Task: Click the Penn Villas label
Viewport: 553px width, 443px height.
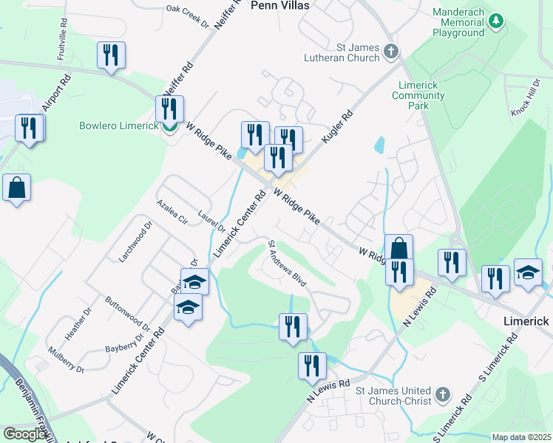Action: tap(279, 5)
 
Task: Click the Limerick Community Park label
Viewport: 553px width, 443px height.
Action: tap(418, 95)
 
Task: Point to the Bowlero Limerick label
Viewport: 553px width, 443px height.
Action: tap(118, 126)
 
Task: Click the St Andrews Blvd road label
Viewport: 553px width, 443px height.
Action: tap(286, 264)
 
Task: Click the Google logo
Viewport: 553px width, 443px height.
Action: tap(24, 434)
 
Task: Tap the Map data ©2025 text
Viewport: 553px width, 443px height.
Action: tap(521, 437)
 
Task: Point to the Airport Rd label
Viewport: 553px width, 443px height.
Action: tap(56, 93)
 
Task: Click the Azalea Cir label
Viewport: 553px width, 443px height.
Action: tap(167, 210)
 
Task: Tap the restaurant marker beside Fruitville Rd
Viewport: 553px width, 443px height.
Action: tap(111, 55)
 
